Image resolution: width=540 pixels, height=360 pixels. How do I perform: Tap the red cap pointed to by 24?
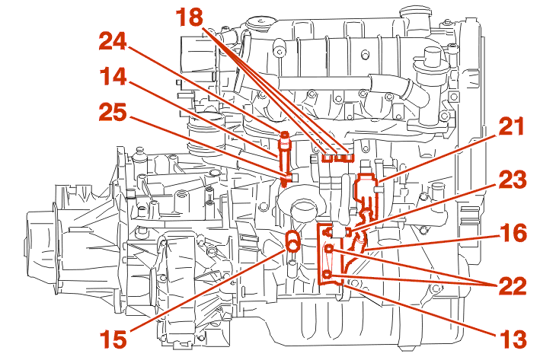click(285, 138)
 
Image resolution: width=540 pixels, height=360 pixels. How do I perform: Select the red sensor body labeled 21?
click(366, 185)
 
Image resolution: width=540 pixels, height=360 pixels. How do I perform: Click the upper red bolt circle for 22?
click(329, 249)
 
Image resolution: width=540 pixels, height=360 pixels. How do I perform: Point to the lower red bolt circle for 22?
click(328, 275)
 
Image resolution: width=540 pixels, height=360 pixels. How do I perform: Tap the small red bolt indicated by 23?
click(347, 231)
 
